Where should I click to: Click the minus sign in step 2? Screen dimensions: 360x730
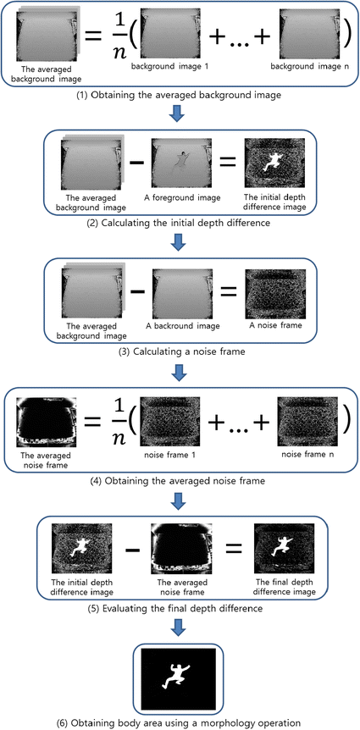(x=135, y=165)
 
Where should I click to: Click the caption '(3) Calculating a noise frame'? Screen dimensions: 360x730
(x=180, y=351)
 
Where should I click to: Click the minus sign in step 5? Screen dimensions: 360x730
(x=133, y=550)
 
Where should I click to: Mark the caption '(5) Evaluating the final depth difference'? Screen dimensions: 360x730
(x=180, y=607)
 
